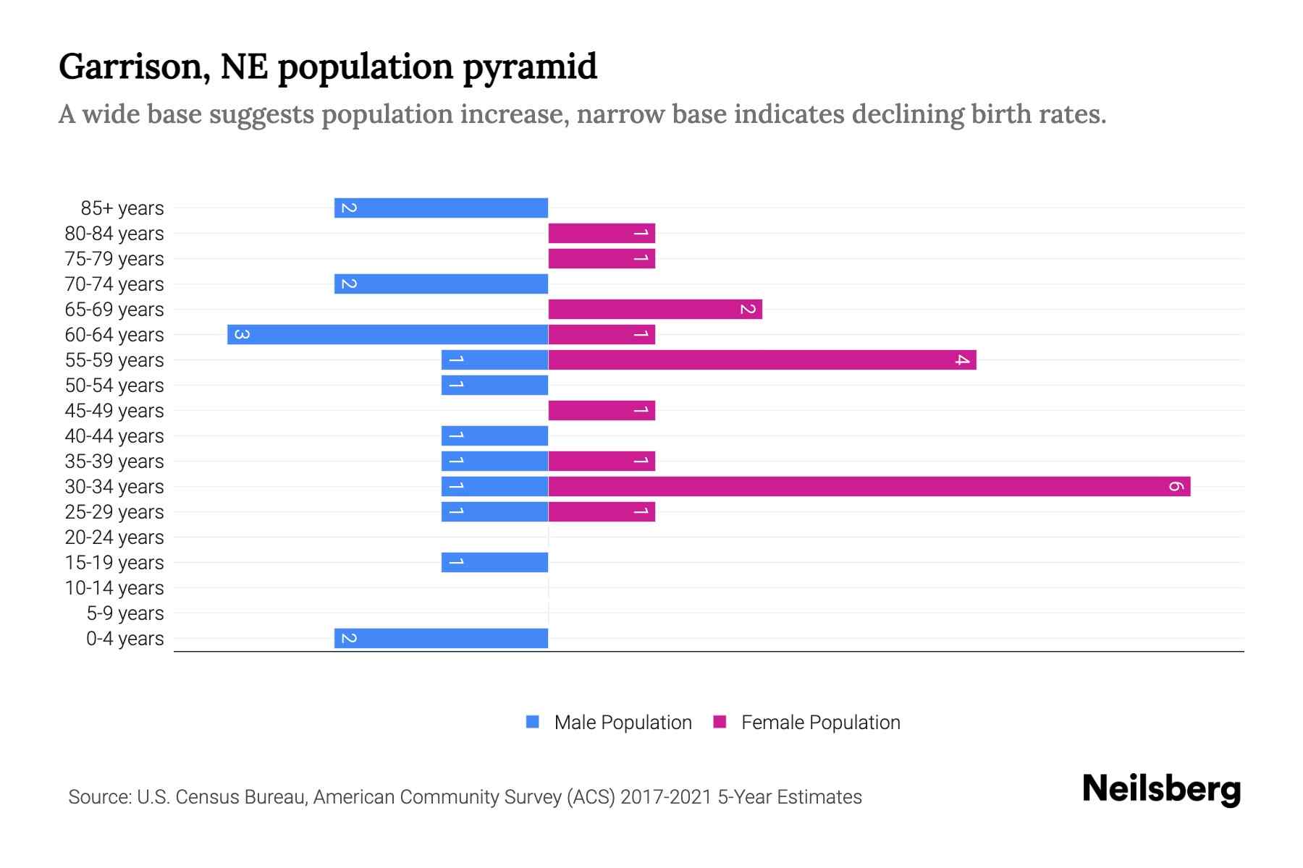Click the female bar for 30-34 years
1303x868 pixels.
coord(869,486)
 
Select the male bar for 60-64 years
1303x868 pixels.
coord(387,334)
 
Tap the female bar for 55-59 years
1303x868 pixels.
coord(762,359)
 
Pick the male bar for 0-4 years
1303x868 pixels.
coord(441,638)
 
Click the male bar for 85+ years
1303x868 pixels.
coord(441,208)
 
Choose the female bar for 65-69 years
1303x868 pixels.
coord(655,309)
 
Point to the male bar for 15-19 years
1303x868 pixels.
coord(494,562)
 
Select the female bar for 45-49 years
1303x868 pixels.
coord(602,410)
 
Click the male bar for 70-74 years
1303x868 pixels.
coord(441,284)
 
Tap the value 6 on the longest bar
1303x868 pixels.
coord(1176,486)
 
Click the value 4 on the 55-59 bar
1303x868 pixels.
coord(961,359)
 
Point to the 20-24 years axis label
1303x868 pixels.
coord(114,537)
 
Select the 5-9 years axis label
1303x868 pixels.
coord(125,613)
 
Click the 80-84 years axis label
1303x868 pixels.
coord(114,234)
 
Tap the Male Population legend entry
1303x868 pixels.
coord(622,723)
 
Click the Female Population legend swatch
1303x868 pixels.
coord(720,722)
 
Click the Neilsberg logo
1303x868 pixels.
coord(1161,789)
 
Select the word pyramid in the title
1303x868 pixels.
coord(529,67)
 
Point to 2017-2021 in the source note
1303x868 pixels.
coord(666,797)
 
